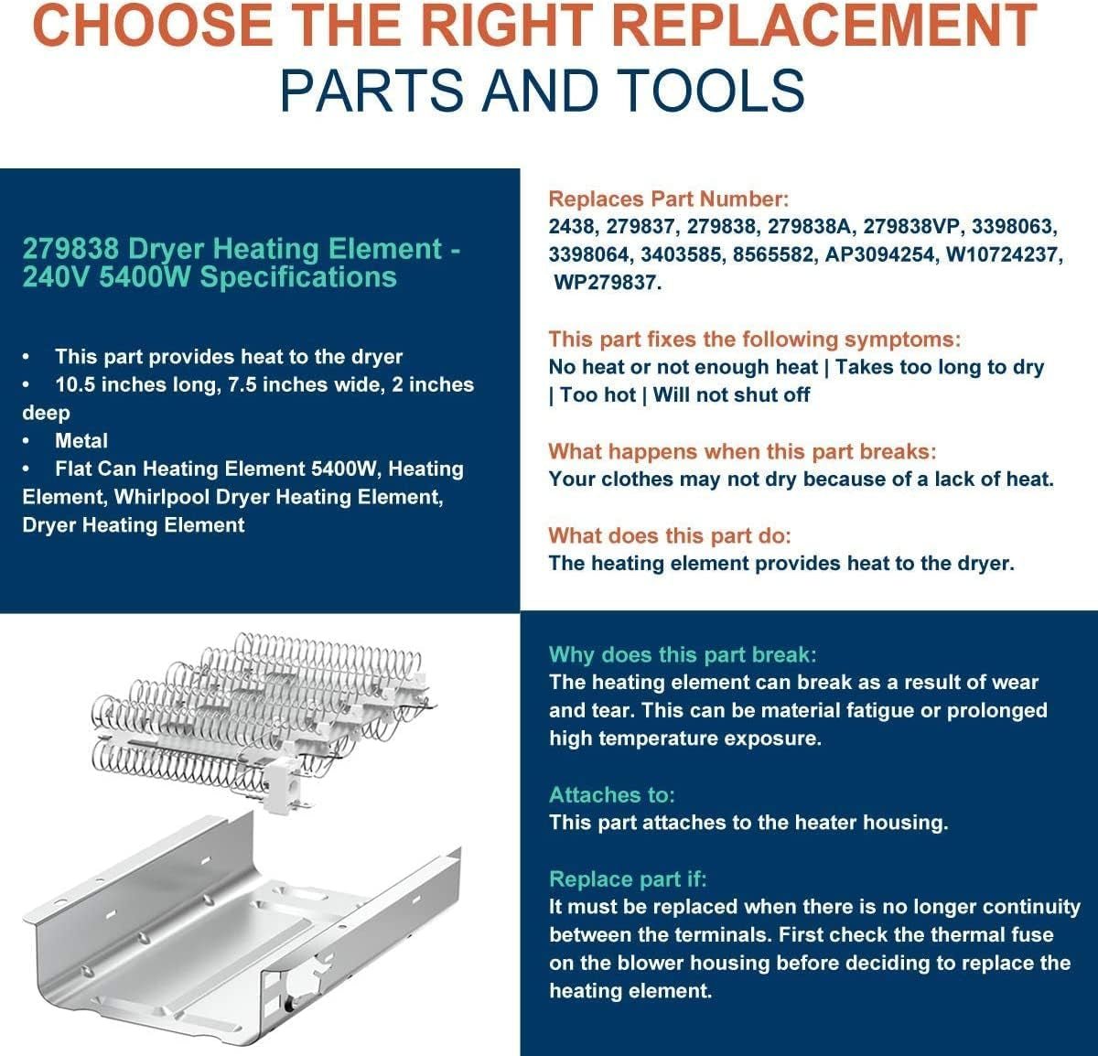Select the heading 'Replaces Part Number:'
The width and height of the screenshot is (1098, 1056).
668,199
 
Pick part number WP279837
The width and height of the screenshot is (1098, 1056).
606,283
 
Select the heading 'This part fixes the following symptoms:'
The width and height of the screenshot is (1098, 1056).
755,339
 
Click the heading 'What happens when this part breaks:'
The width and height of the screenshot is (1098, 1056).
742,452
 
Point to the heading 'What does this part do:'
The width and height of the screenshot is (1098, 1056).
669,536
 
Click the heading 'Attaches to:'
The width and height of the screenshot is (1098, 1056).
611,795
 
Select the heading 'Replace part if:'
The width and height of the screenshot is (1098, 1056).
628,879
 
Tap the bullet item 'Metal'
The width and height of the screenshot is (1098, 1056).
81,441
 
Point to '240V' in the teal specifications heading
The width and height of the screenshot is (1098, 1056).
54,276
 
